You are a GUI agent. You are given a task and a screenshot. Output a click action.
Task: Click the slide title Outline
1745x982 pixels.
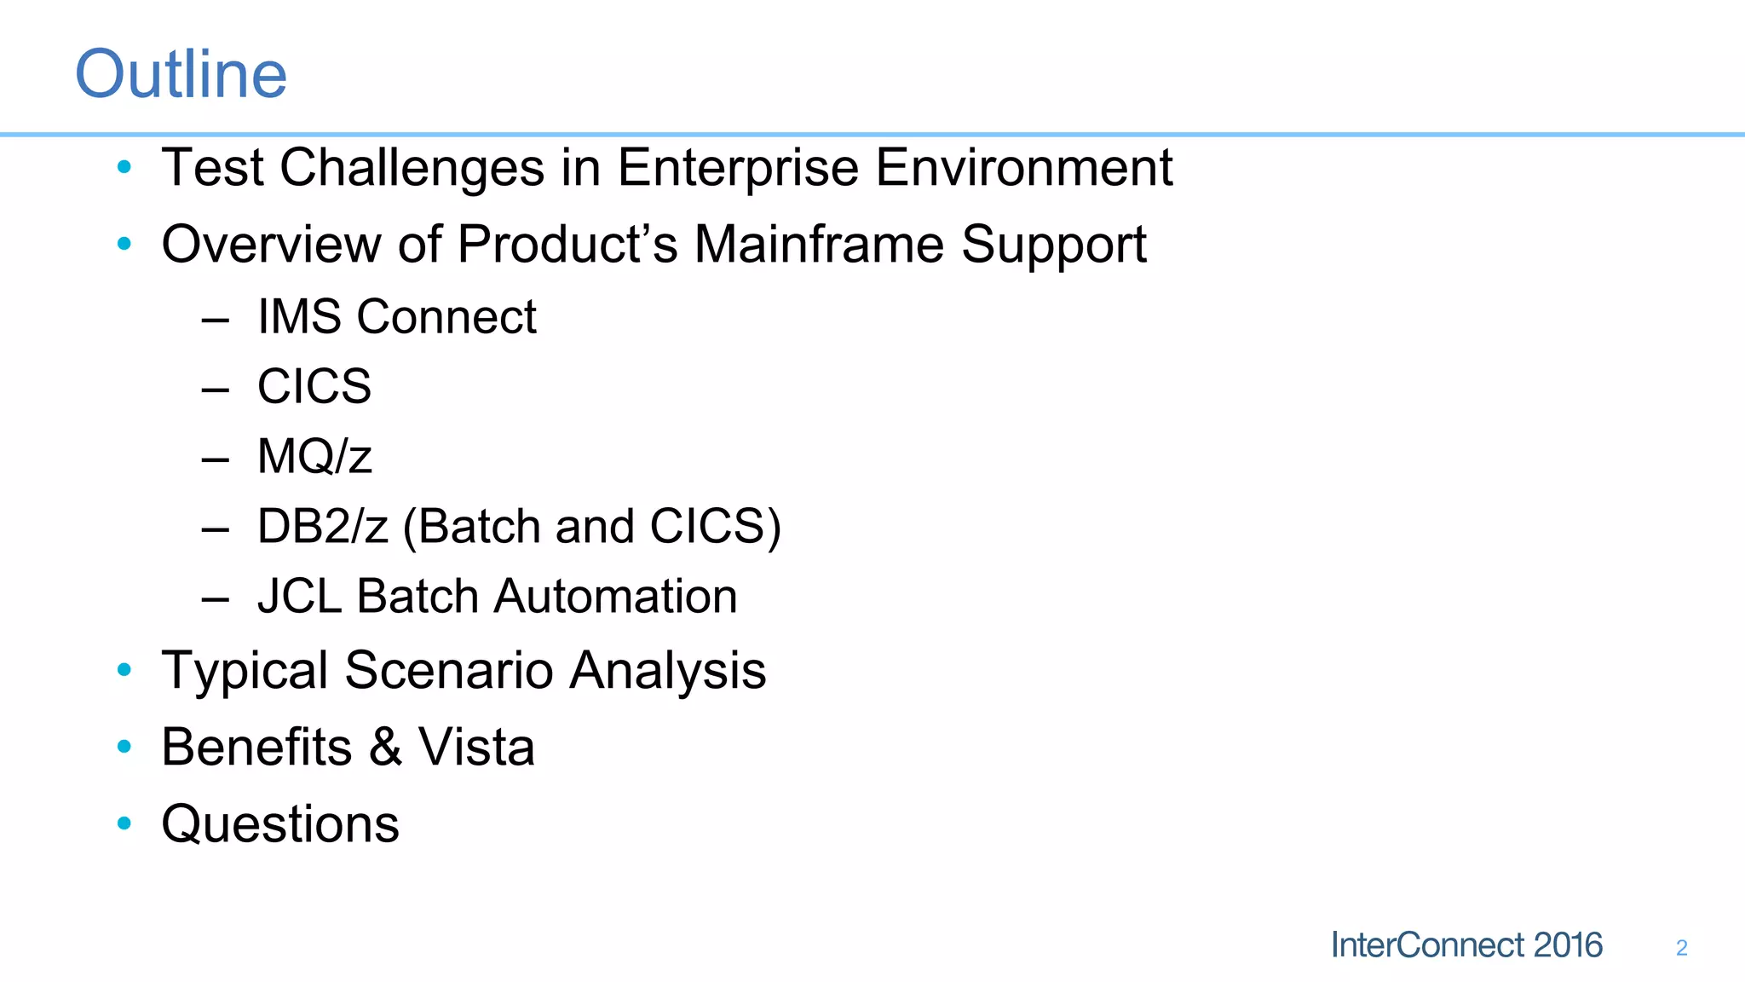point(181,74)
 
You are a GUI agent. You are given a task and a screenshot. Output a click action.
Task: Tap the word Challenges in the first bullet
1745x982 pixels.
point(412,168)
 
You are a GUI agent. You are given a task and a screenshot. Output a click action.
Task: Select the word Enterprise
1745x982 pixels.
point(737,168)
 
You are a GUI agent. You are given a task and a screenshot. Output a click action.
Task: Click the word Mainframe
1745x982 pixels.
point(819,245)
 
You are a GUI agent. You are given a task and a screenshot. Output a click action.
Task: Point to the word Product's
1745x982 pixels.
point(567,245)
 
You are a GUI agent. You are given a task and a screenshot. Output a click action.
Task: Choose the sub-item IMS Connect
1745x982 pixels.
point(396,317)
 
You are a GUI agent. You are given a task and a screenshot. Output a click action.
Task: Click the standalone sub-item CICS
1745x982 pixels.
point(314,387)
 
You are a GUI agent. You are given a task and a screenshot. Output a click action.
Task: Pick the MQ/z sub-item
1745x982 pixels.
point(314,457)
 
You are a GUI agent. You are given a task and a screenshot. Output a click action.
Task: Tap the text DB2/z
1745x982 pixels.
point(322,527)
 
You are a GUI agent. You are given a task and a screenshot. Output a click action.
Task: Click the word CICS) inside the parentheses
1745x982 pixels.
point(715,527)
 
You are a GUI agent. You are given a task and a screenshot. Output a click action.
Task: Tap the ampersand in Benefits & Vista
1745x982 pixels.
point(385,748)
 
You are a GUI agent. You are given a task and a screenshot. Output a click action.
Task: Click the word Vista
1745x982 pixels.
point(475,748)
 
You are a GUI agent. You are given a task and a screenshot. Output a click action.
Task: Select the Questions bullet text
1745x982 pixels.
point(280,824)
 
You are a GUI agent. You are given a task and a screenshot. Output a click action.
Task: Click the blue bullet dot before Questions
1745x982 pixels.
point(124,823)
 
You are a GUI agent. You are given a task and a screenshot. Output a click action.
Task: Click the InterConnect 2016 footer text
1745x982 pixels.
point(1466,945)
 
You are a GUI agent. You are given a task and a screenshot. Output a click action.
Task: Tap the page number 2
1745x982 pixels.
point(1681,948)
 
